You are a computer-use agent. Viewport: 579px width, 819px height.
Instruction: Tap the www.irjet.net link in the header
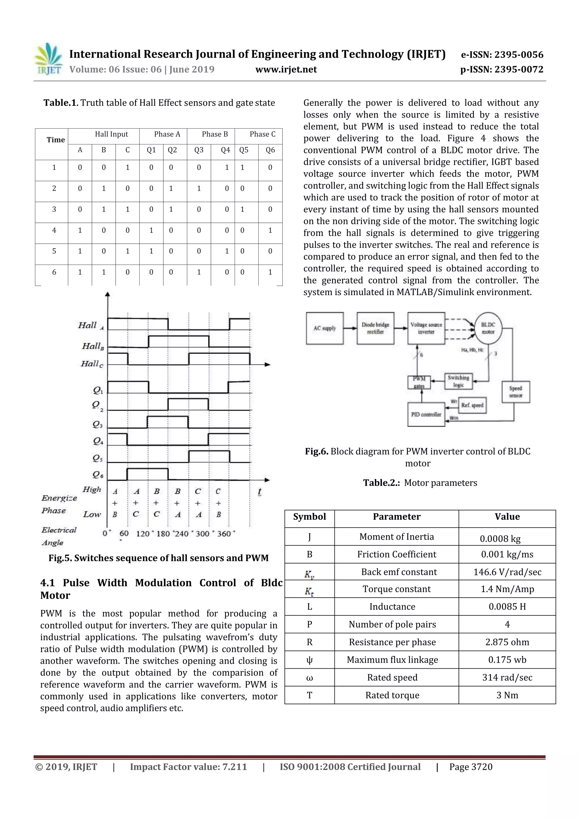click(286, 70)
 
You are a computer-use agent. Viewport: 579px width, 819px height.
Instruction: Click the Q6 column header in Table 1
click(270, 150)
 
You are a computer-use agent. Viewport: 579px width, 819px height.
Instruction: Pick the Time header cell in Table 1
click(56, 140)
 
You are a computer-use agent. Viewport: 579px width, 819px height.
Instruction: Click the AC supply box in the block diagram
click(325, 328)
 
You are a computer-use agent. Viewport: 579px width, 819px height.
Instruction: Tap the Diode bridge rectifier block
click(375, 328)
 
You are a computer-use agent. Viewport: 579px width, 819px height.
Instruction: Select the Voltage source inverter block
click(426, 328)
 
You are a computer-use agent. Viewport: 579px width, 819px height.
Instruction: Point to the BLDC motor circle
click(488, 328)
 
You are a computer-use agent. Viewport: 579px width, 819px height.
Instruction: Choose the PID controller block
click(426, 414)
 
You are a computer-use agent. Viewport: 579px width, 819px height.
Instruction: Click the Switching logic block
click(458, 381)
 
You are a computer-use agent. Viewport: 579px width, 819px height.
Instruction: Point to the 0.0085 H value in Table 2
click(507, 607)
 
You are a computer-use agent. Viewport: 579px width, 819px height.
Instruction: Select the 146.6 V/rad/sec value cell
click(507, 572)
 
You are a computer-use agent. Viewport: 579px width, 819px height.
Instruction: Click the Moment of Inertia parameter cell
click(396, 537)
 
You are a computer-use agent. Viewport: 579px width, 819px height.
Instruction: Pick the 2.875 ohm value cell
click(507, 642)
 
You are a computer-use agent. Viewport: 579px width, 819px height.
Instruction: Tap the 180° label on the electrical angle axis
click(163, 534)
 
